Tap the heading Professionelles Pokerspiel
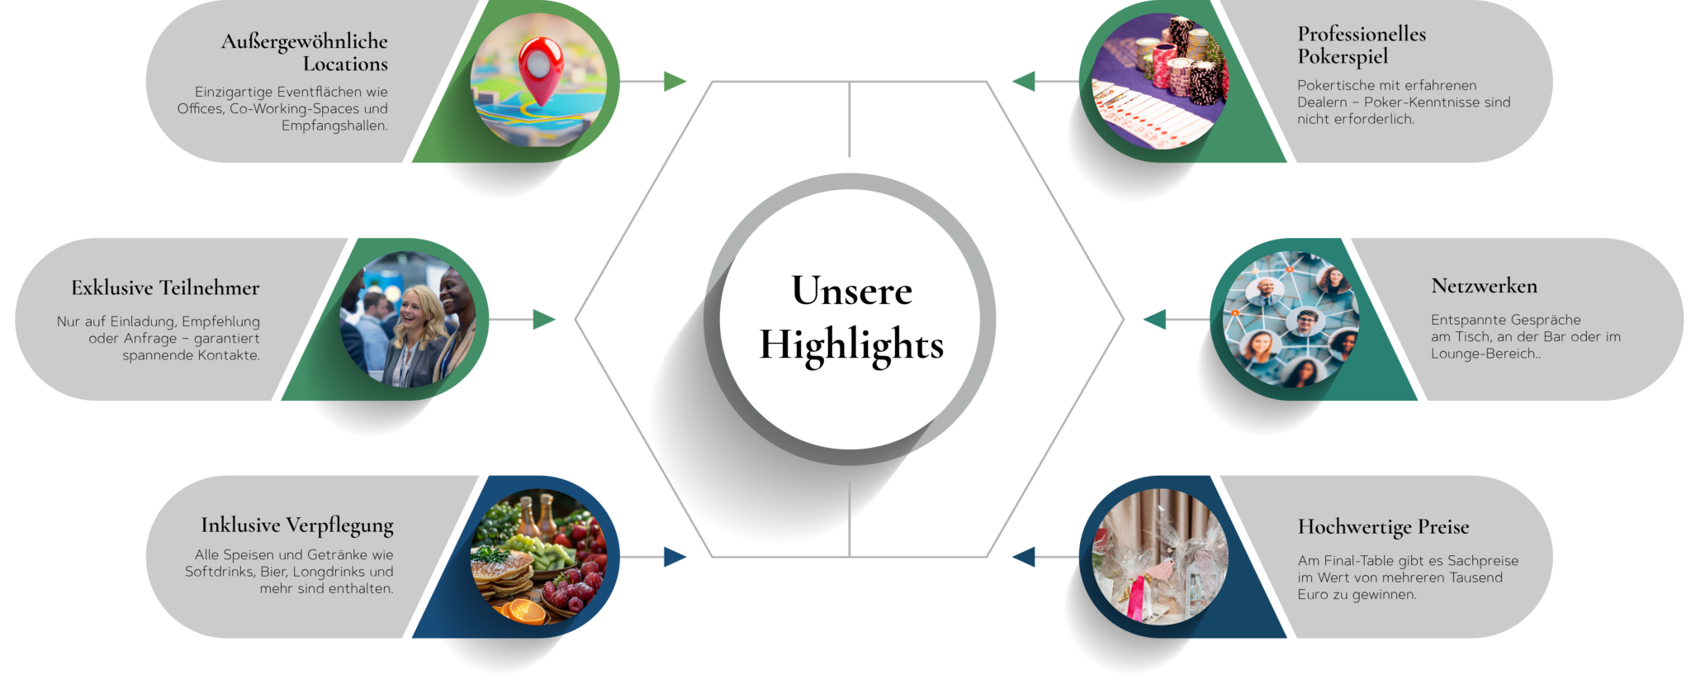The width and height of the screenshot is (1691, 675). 1361,45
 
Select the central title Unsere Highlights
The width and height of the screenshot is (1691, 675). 851,317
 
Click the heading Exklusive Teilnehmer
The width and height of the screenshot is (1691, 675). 165,288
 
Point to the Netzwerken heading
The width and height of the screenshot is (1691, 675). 1484,286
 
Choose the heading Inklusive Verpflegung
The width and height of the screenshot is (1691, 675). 297,525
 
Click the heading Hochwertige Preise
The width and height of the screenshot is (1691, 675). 1383,527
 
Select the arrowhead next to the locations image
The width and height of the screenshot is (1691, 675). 675,82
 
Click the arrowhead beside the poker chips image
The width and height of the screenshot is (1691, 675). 1024,82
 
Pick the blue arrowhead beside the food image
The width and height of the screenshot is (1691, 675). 675,557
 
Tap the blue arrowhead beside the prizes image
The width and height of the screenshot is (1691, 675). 1024,557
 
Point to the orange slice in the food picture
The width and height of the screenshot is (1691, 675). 525,611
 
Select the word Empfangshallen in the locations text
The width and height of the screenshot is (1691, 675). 334,126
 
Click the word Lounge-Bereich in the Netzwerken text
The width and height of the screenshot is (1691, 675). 1483,354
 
